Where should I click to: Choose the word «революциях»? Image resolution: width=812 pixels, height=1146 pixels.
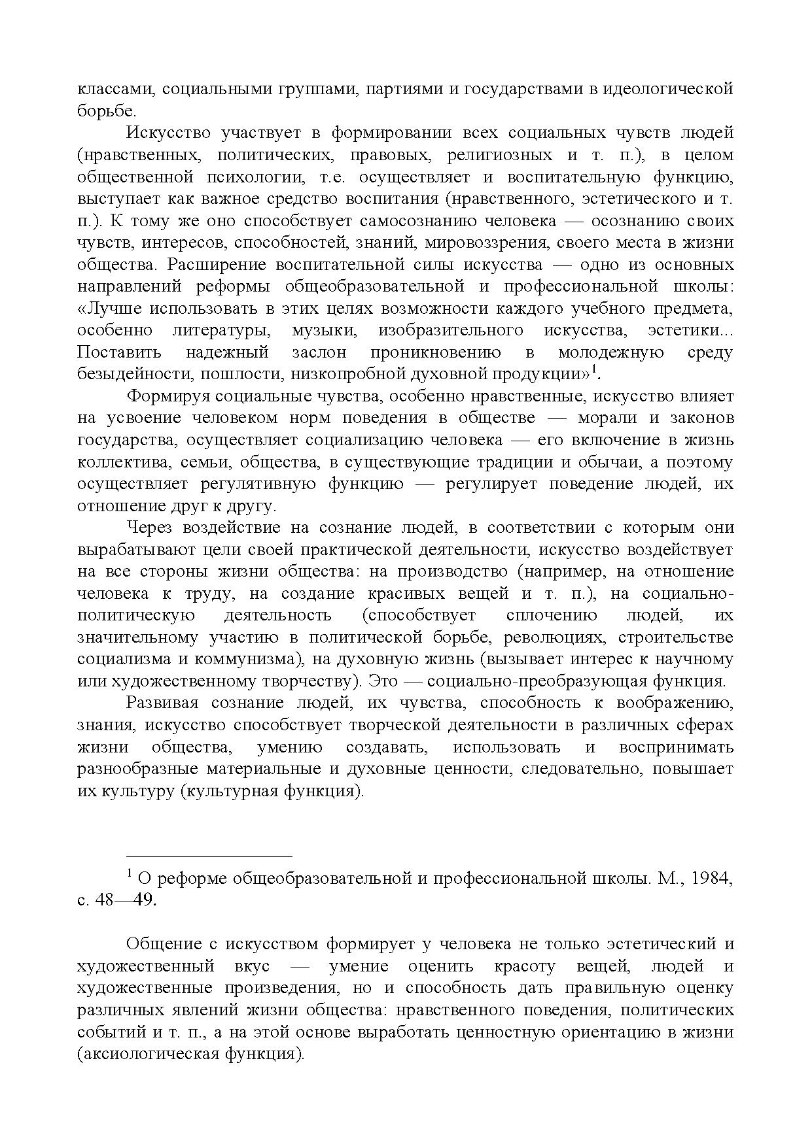point(555,637)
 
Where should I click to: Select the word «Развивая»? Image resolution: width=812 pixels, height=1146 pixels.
point(163,703)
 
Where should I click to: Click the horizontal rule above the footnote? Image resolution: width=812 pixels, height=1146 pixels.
point(209,856)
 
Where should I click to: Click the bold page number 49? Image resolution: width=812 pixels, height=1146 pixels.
point(144,901)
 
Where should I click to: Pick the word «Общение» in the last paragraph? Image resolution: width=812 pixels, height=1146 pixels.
point(164,945)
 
